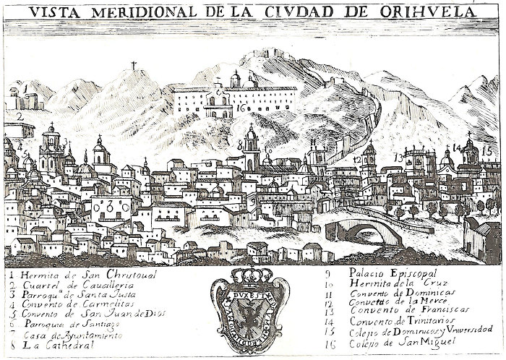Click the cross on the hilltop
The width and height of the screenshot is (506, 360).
pos(133,66)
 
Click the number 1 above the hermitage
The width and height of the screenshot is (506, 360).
pos(25,88)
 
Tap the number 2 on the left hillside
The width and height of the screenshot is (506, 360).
pos(20,116)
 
